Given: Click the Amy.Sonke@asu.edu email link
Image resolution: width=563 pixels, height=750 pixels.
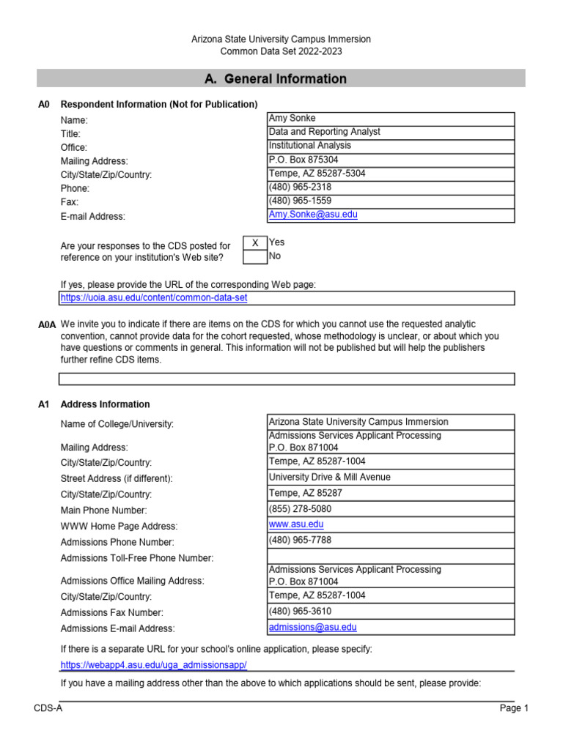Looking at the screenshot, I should point(313,215).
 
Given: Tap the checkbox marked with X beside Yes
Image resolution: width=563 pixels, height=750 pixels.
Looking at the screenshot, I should point(254,242).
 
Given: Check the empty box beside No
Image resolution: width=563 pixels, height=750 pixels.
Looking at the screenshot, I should point(254,256).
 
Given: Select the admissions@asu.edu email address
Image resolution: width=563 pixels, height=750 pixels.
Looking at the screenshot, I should point(313,627).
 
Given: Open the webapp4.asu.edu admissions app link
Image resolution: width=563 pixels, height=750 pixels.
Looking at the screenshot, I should point(153,664).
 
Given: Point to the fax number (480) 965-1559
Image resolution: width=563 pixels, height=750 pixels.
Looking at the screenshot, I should point(300,201).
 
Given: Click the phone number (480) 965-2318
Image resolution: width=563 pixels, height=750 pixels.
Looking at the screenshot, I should point(300,187).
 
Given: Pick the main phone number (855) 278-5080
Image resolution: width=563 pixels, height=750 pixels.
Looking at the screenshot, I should point(300,509).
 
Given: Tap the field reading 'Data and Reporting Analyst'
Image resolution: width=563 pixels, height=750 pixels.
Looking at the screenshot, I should point(325,132).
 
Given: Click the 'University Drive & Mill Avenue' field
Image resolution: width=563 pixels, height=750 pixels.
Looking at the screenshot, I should point(330,477).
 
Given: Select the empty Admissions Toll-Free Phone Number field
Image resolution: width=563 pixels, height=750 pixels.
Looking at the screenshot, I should point(391,557).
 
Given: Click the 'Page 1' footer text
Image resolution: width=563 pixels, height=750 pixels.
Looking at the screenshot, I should point(514,708).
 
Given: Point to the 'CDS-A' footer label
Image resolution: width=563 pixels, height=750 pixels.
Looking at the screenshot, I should point(48,708).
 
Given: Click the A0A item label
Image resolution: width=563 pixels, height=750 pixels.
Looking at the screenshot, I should point(46,324).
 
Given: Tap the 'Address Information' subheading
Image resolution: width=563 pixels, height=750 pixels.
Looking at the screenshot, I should point(105,404).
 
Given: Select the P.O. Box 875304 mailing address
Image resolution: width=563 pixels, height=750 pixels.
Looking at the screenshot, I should point(303,160).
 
